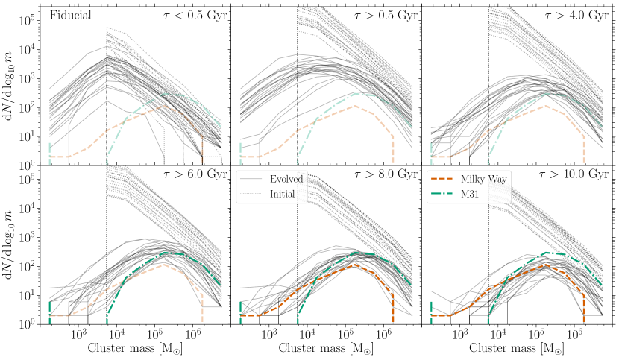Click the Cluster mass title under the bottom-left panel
tap(135, 348)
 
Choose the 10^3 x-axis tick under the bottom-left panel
tap(78, 335)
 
